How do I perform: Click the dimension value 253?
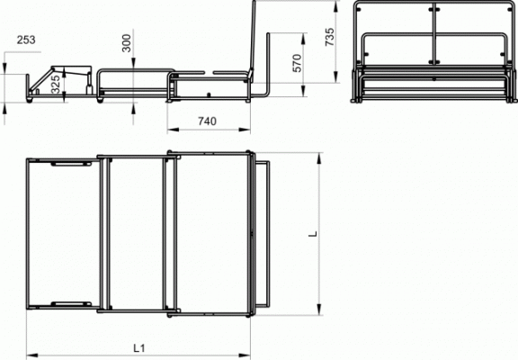(x=26, y=40)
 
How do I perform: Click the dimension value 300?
(x=127, y=43)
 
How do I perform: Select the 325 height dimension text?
(x=56, y=85)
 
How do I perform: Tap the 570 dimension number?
(x=297, y=63)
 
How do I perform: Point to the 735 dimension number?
(x=329, y=37)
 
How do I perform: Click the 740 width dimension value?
(x=208, y=121)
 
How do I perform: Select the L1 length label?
(x=139, y=348)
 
